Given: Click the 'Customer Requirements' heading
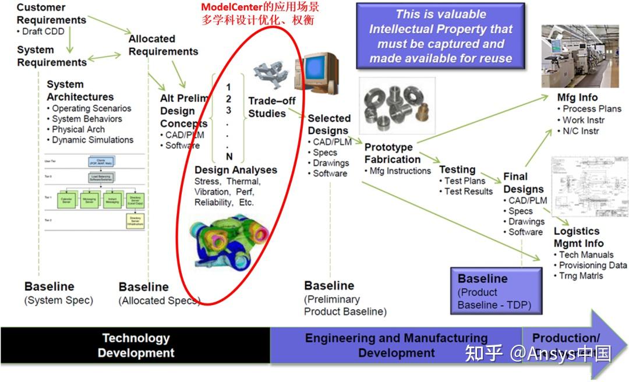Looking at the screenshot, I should [51, 14].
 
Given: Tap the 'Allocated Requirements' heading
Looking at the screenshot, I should [163, 45].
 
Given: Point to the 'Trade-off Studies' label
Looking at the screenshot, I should [272, 107].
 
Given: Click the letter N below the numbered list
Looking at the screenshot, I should [229, 156].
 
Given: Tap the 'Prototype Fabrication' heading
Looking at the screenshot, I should [392, 153].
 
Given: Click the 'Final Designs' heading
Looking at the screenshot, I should [523, 183].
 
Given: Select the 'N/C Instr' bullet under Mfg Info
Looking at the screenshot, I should [581, 131].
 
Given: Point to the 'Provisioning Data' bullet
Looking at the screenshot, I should [592, 265].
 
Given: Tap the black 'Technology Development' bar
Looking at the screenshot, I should [136, 345].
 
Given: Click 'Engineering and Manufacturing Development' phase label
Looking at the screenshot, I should [396, 345].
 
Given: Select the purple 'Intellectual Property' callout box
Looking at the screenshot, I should [441, 36].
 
